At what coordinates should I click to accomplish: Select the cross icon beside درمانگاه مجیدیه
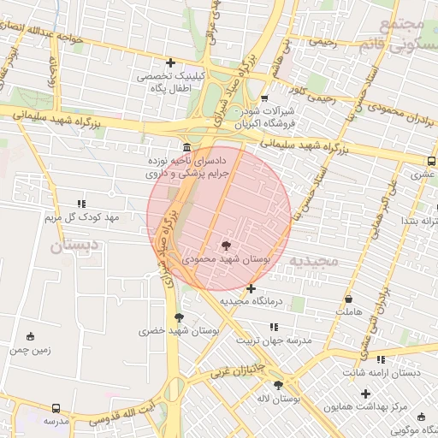click(x=251, y=289)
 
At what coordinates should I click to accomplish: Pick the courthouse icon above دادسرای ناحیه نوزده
click(x=186, y=146)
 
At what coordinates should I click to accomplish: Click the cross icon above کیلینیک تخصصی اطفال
click(x=171, y=62)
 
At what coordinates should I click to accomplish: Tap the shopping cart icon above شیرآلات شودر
click(x=264, y=98)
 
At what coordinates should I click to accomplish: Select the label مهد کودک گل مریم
click(x=81, y=217)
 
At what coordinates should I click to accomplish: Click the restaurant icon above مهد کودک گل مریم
click(x=81, y=204)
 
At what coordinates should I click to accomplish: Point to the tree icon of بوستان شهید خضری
click(x=178, y=317)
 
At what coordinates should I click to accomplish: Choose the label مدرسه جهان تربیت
click(x=278, y=340)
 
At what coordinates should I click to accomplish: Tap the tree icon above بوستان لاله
click(x=277, y=386)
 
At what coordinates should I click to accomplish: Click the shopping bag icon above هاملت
click(x=348, y=299)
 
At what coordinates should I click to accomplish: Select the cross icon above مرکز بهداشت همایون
click(x=366, y=394)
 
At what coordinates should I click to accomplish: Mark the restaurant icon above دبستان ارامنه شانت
click(x=380, y=360)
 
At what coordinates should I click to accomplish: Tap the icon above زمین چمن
click(x=32, y=336)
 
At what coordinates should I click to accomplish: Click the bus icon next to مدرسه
click(x=56, y=409)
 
